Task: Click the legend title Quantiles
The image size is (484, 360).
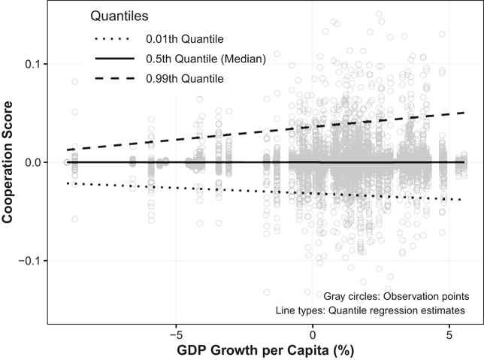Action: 119,16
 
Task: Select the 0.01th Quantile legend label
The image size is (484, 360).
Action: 185,39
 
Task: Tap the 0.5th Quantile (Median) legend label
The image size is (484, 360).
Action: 206,59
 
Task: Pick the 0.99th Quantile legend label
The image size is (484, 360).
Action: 185,78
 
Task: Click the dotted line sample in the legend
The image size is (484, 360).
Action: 112,39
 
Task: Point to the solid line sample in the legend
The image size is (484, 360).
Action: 115,59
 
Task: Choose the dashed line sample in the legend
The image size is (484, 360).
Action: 115,78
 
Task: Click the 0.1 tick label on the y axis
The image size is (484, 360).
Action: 32,64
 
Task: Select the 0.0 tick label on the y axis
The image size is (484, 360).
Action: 32,162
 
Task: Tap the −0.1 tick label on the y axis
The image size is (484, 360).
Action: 29,261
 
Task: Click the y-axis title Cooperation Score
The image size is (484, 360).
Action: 8,162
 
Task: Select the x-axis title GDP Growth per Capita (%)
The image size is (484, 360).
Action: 265,351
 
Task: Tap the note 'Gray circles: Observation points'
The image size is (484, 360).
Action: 396,296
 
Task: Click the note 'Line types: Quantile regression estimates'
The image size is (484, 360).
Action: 371,310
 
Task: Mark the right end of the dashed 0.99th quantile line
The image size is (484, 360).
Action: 464,113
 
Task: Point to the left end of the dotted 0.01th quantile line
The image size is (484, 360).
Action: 68,183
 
